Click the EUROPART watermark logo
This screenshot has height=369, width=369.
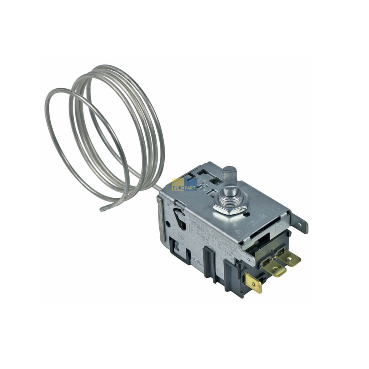point(184,184)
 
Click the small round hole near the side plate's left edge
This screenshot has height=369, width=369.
point(168,224)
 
